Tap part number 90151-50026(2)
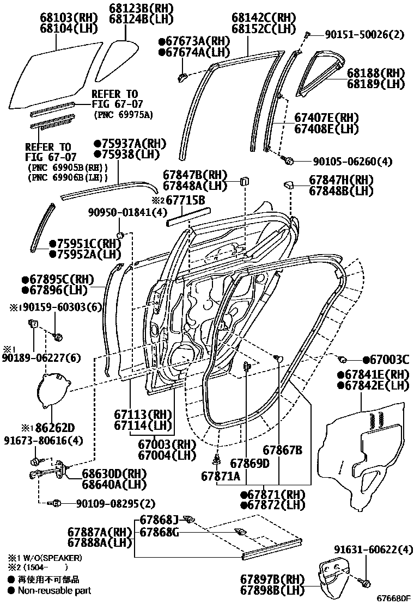pyautogui.click(x=364, y=35)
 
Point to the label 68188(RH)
pyautogui.click(x=376, y=73)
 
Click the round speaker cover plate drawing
pyautogui.click(x=52, y=389)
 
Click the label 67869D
pyautogui.click(x=249, y=463)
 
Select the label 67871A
pyautogui.click(x=221, y=476)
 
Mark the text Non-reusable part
pyautogui.click(x=54, y=590)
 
